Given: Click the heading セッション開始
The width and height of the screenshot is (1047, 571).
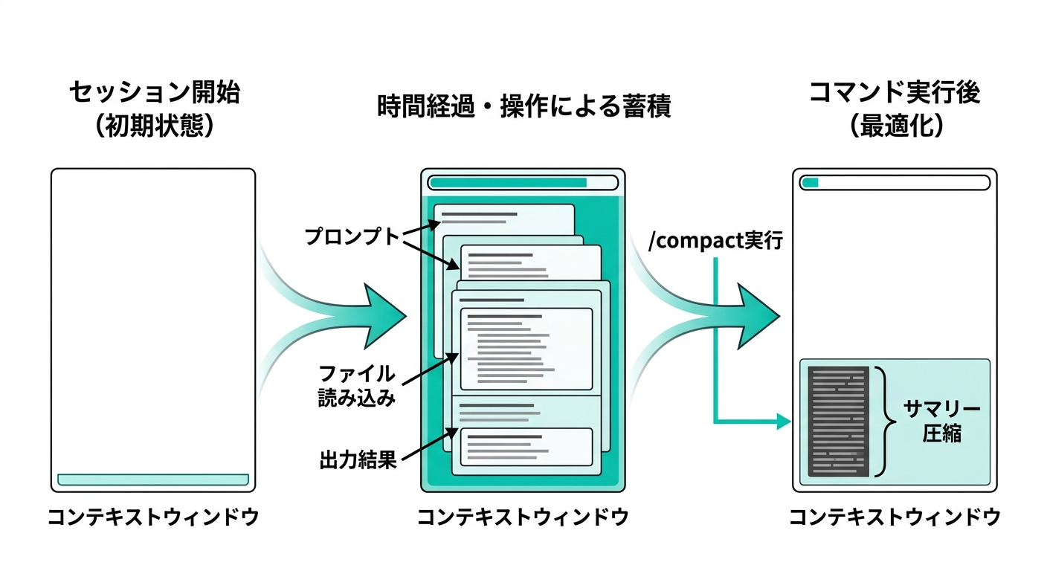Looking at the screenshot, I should [155, 93].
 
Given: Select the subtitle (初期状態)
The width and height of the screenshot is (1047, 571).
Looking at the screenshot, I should [155, 126].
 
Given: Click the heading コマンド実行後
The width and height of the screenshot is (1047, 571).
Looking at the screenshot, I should [895, 93].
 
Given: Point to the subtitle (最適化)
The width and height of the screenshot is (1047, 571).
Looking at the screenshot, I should [895, 126].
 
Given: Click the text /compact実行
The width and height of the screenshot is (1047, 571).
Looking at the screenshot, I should [715, 242].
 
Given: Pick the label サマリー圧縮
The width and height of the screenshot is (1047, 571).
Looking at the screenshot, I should [941, 421].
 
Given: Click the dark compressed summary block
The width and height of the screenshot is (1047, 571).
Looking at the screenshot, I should [838, 422].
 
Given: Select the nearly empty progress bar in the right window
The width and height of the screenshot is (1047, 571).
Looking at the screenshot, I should [895, 183].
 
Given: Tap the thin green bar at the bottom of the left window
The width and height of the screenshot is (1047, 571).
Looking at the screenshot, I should [153, 480].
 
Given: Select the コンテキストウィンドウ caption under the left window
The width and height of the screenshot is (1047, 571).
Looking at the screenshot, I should [153, 517].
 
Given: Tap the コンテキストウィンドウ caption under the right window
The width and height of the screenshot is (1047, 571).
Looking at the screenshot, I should [895, 517].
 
